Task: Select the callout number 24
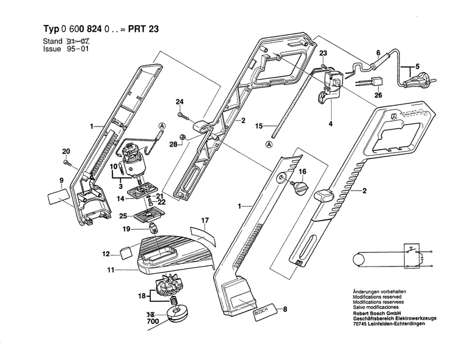pyautogui.click(x=180, y=101)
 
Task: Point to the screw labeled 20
pyautogui.click(x=68, y=163)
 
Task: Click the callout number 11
pyautogui.click(x=111, y=268)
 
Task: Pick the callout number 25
pyautogui.click(x=122, y=216)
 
